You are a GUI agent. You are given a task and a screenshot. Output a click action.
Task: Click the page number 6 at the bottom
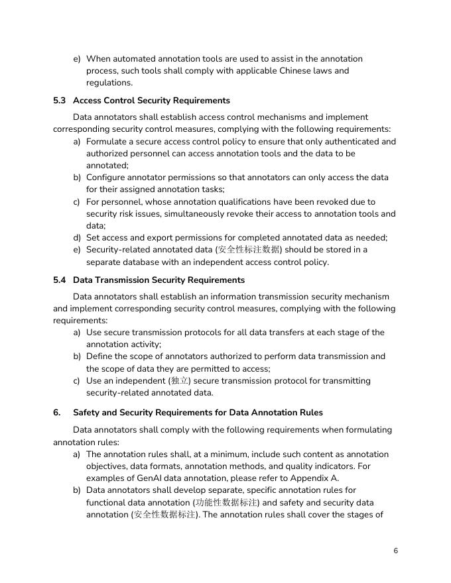click(x=395, y=551)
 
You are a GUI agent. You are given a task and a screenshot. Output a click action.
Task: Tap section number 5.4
click(x=60, y=280)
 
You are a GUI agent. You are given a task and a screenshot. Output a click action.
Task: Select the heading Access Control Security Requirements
click(x=151, y=101)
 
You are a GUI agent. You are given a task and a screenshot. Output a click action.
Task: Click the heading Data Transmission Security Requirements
click(x=159, y=280)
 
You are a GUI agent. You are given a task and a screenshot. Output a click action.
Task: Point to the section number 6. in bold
click(x=57, y=413)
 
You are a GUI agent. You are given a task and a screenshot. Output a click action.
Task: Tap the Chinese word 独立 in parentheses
click(x=180, y=381)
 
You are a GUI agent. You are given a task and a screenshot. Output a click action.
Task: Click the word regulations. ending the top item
click(x=109, y=83)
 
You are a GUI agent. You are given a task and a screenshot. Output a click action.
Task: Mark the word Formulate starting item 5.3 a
click(x=107, y=142)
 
